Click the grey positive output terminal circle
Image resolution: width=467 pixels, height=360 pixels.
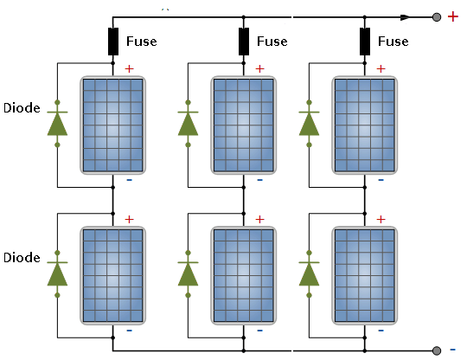point(437,17)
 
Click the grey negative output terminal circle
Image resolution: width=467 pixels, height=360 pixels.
point(437,350)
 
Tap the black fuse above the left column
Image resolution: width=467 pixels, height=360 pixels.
point(113,42)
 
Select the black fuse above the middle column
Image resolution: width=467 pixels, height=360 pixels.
point(244,42)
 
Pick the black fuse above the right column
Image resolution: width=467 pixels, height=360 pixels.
point(365,42)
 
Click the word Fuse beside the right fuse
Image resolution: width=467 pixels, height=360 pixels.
point(393,42)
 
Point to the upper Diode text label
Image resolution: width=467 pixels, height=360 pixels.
point(22,108)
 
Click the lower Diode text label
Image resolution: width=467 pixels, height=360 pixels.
point(22,258)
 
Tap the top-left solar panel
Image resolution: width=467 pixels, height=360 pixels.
point(113,125)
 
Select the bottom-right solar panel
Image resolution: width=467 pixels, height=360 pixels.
point(365,276)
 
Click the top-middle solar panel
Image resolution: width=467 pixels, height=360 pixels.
point(244,125)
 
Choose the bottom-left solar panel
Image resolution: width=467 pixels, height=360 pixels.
point(113,276)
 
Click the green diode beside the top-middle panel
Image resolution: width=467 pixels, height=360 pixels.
point(188,124)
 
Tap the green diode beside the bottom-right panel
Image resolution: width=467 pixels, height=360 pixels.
point(309,274)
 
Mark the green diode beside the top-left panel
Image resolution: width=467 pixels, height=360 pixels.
point(57,124)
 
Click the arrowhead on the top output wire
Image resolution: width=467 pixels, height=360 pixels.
point(405,17)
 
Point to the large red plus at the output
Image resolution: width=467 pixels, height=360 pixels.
point(452,16)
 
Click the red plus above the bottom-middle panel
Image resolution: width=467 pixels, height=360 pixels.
point(259,219)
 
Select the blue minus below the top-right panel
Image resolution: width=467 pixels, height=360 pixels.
point(381,180)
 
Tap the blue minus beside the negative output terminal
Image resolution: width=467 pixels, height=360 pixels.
point(452,350)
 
